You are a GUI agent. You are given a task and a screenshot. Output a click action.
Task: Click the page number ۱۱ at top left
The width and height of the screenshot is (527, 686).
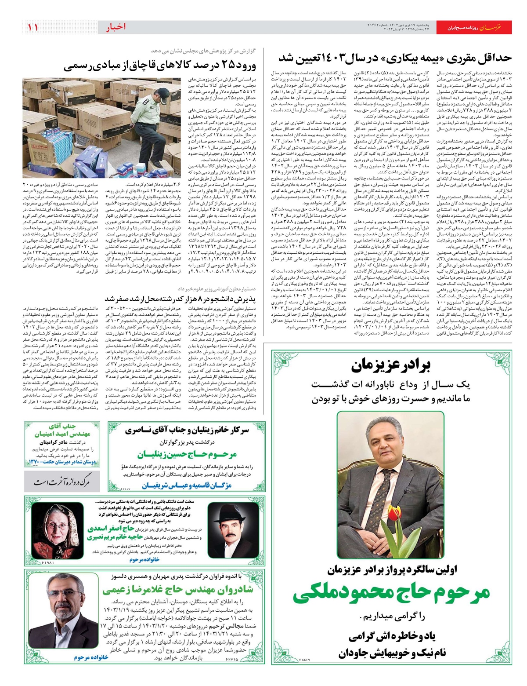[x=33, y=27]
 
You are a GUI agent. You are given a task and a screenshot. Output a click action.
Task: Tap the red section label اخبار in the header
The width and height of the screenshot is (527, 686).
[x=116, y=27]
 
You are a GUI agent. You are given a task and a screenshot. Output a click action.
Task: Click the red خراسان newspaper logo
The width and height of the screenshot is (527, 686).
[x=495, y=28]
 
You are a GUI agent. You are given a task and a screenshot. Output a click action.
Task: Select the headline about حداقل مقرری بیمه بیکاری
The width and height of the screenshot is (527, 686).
[x=395, y=58]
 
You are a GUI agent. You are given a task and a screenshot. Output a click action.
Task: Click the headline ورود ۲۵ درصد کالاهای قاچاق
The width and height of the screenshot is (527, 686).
[x=160, y=66]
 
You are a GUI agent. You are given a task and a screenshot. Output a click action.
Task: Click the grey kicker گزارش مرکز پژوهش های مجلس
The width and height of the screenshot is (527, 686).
[x=206, y=51]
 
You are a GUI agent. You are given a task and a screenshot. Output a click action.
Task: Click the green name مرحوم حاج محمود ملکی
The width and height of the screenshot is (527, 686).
[x=391, y=594]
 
